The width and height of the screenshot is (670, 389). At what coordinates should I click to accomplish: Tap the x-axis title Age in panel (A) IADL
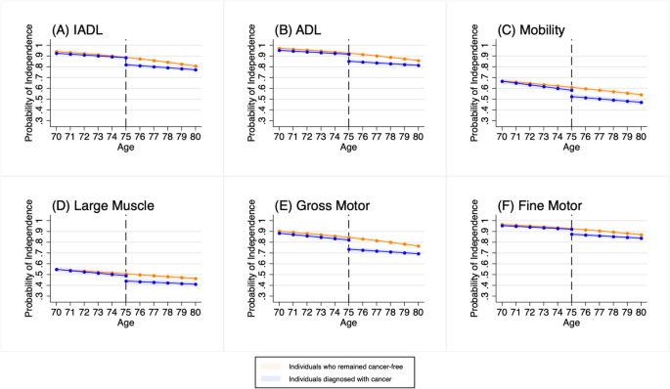coord(126,148)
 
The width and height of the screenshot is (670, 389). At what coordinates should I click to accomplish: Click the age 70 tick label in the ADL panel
coord(280,136)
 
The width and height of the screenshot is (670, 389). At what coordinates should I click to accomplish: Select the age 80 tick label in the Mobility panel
coord(642,136)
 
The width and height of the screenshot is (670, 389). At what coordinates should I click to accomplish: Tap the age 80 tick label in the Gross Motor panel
coord(419,312)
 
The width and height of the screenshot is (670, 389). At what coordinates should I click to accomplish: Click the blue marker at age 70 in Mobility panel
coord(502,81)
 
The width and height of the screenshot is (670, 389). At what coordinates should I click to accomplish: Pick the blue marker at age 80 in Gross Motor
coord(419,254)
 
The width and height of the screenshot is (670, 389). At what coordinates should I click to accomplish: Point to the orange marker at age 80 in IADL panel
coord(196,66)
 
